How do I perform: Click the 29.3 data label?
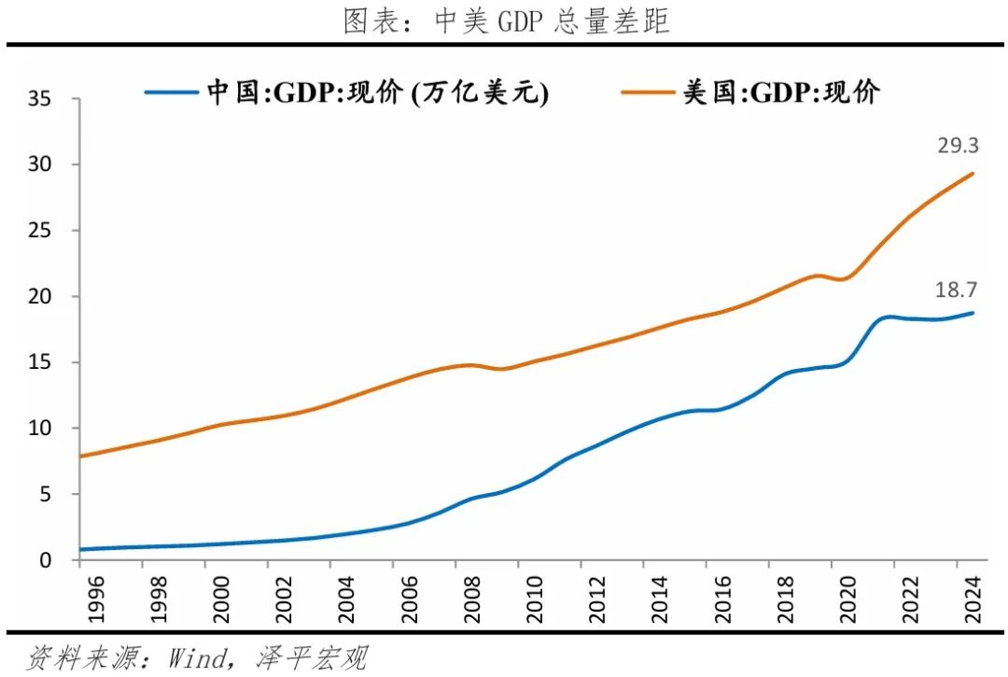click(957, 146)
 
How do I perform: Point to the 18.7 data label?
click(956, 290)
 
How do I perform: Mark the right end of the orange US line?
click(973, 174)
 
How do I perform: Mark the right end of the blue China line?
click(973, 313)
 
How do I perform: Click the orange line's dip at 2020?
click(843, 279)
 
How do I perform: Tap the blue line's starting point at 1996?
click(80, 549)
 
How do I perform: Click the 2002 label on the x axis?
click(268, 597)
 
